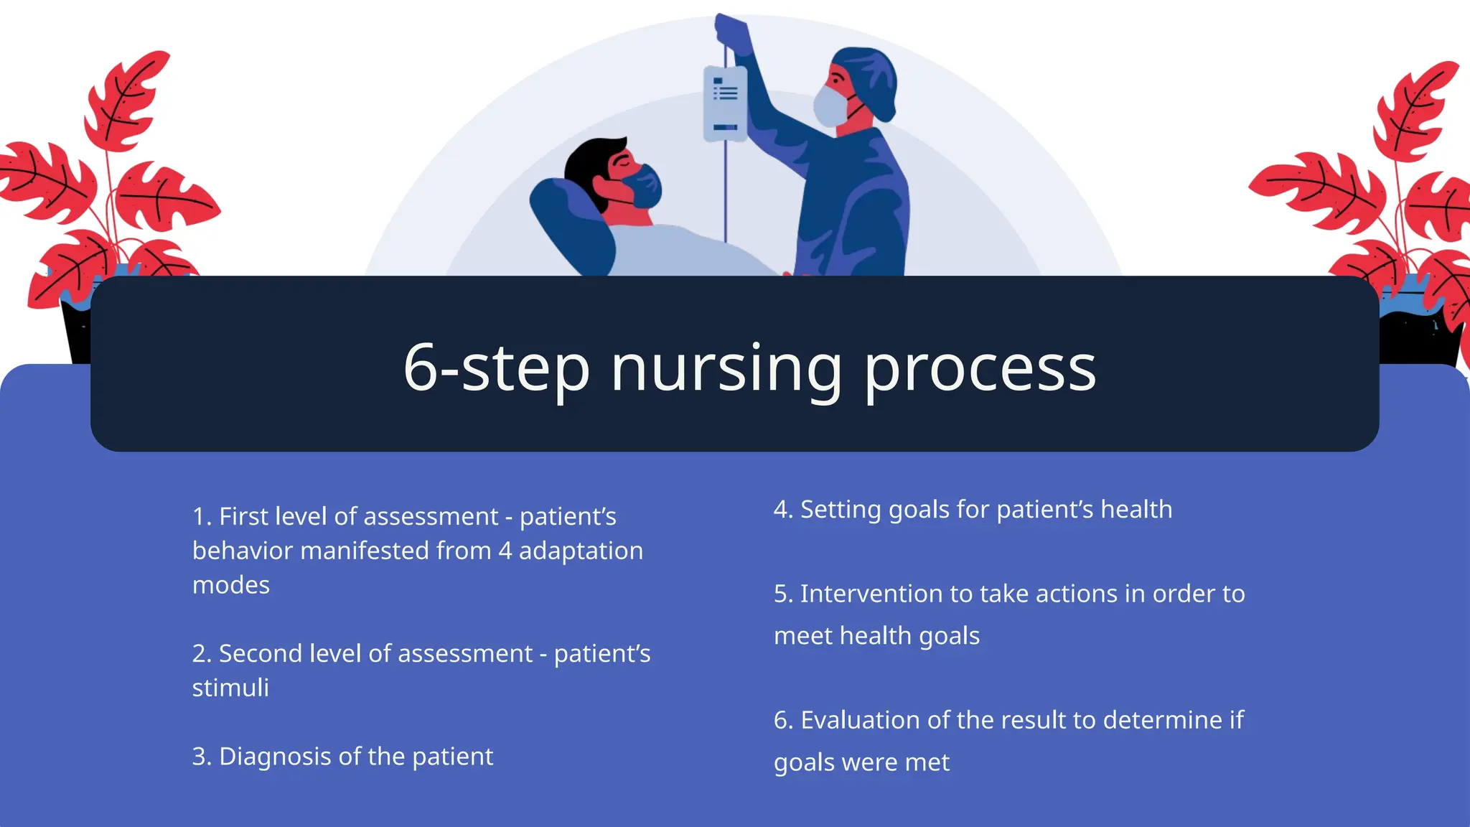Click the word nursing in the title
725,369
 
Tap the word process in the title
979,369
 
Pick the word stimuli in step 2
230,688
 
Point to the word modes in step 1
231,585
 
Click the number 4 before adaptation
505,551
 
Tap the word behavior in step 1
242,551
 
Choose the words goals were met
861,762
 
